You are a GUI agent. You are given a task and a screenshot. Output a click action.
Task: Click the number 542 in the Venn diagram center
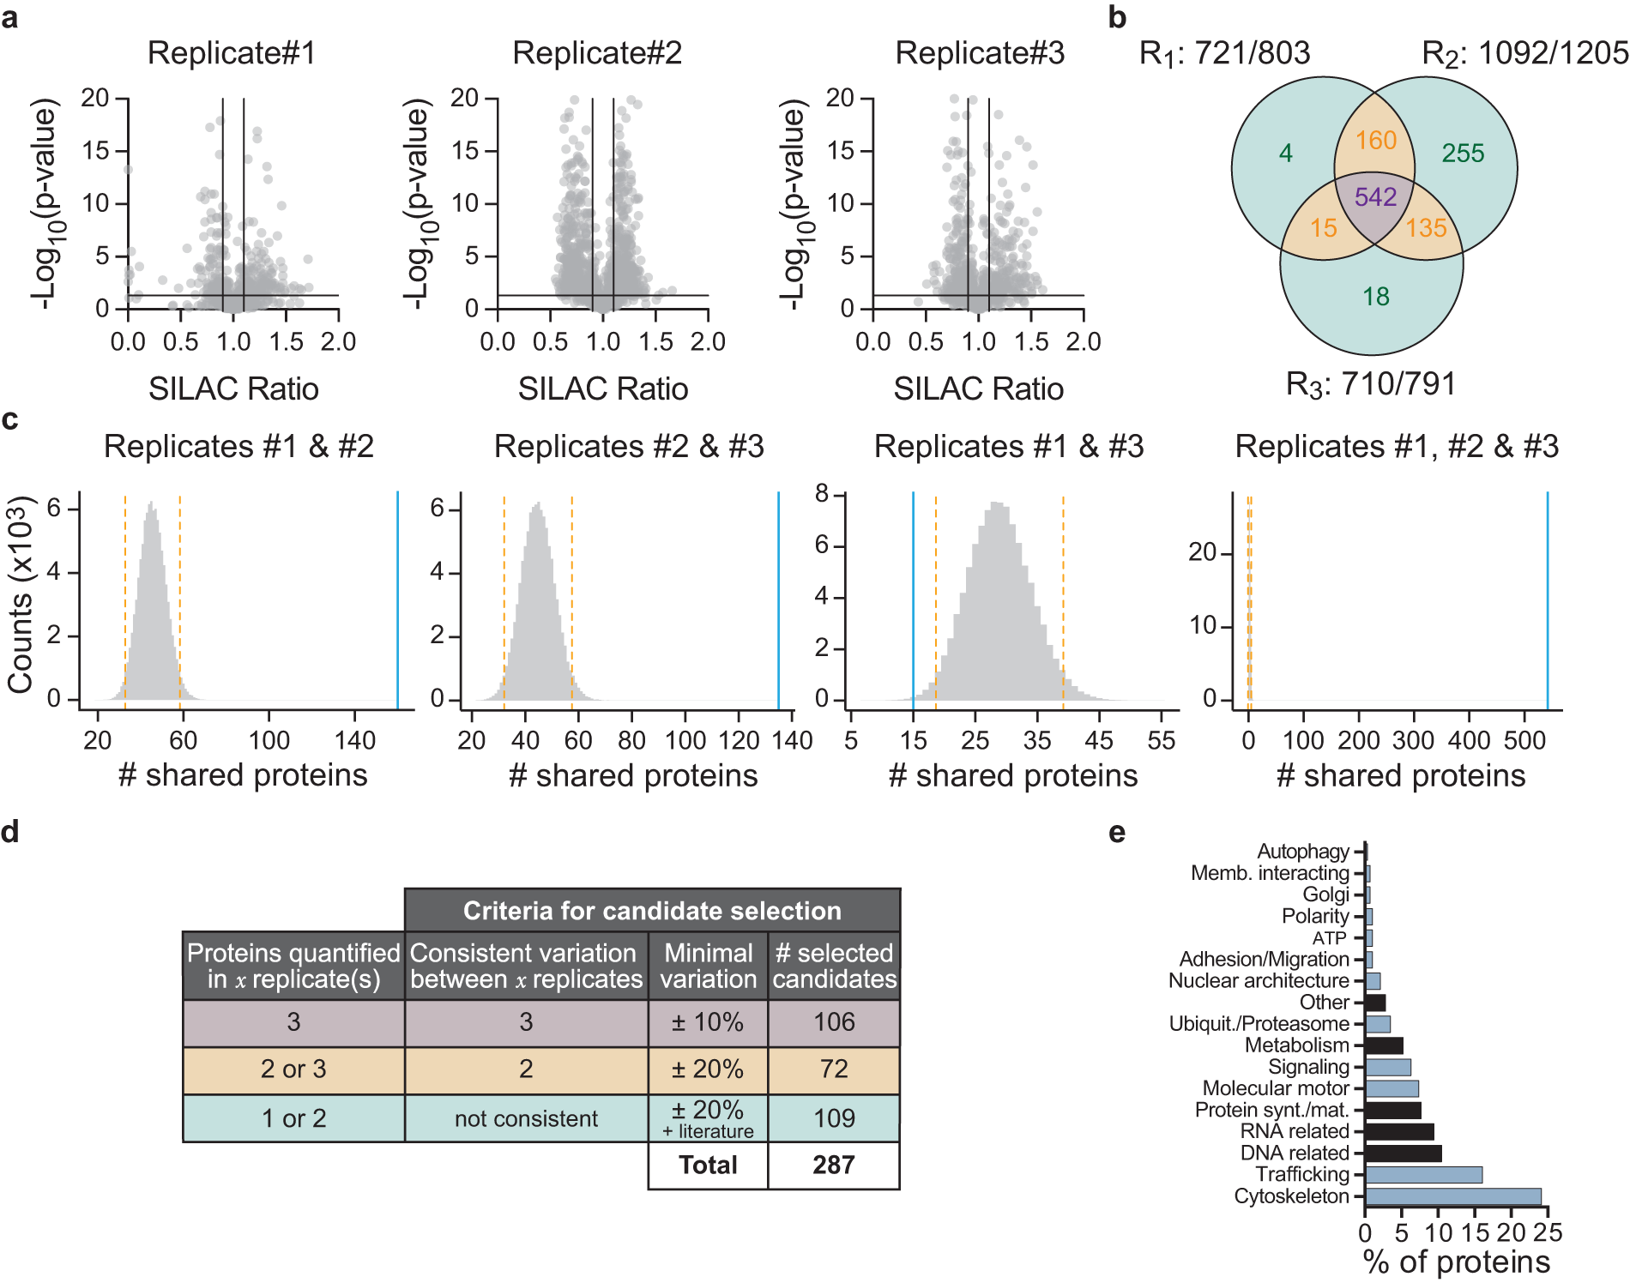[1375, 197]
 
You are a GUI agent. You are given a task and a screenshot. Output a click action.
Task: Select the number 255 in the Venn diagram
[1463, 154]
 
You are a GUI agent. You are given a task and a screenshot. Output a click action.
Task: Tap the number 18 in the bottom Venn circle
[1375, 297]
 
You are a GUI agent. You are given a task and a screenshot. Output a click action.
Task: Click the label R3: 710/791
[1370, 384]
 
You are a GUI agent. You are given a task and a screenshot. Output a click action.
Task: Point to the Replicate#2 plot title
[597, 53]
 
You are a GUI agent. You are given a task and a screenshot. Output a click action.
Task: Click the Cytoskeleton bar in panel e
[1452, 1196]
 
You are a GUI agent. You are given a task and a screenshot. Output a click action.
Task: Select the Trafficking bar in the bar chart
[1423, 1175]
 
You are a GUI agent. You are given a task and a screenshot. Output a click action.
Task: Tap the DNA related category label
[1295, 1153]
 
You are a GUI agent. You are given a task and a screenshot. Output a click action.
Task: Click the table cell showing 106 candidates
[834, 1022]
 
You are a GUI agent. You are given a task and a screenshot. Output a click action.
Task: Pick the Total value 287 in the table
[833, 1166]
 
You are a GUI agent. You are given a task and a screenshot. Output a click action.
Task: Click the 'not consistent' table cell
[526, 1118]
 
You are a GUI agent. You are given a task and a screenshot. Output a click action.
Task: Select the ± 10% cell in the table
[708, 1022]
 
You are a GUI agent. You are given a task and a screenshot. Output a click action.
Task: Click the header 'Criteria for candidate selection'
[652, 911]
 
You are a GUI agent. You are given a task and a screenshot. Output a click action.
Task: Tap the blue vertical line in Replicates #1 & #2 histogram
[398, 600]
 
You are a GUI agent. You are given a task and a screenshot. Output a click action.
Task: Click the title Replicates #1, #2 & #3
[1396, 447]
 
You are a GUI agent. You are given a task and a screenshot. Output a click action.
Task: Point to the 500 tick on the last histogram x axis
[1524, 740]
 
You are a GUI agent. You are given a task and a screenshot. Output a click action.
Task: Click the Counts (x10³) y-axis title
[21, 594]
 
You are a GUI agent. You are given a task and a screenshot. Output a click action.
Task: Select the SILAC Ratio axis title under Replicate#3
[978, 389]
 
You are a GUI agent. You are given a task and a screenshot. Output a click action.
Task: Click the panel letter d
[10, 832]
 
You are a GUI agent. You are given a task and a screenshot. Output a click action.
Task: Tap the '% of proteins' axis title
[1456, 1262]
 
